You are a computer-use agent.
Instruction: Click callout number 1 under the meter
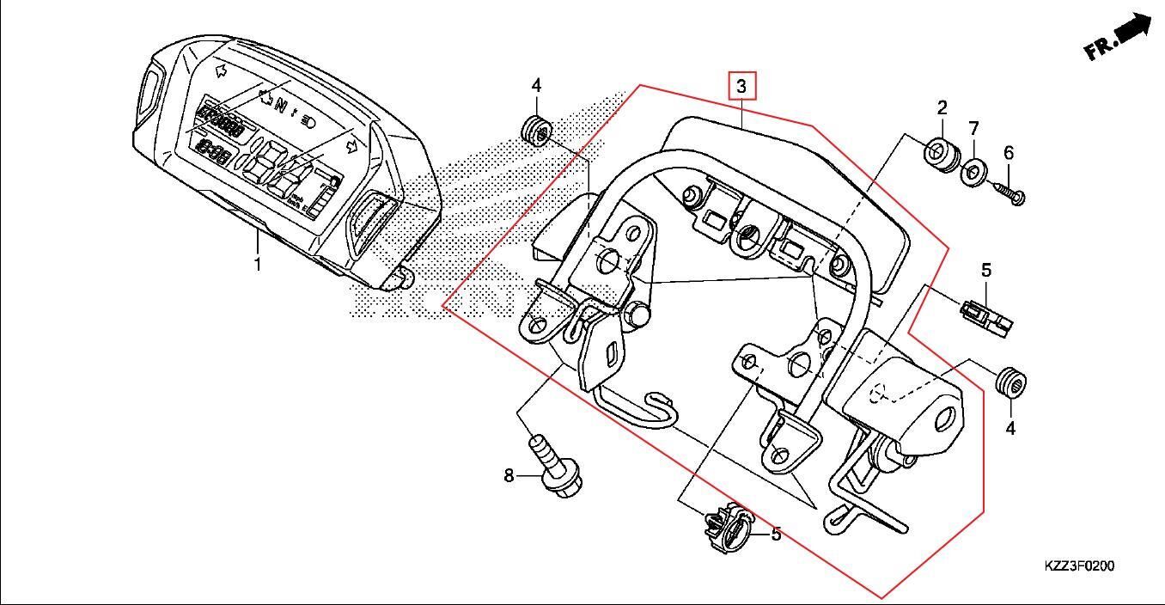point(256,264)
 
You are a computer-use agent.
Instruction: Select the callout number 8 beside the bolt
point(509,475)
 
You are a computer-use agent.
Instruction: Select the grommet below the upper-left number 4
point(536,131)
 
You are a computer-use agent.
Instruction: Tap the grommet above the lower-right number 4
point(1009,381)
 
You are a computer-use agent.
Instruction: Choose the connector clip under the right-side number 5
point(986,314)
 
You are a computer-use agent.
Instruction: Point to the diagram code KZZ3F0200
point(1079,566)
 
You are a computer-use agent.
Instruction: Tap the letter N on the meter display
point(279,105)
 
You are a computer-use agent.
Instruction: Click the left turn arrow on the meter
point(220,70)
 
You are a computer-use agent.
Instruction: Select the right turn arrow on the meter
point(351,147)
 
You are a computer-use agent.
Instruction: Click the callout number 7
point(973,129)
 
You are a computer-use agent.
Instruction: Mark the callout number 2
point(942,108)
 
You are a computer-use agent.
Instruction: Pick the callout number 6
point(1009,153)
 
